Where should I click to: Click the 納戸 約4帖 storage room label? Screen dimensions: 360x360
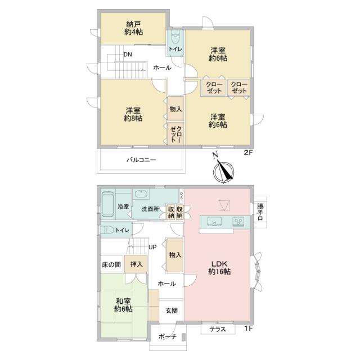tap(133, 28)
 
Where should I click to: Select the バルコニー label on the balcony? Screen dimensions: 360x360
tap(141, 160)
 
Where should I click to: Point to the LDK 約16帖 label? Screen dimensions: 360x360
tap(219, 268)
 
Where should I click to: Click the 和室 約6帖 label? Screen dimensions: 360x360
tap(123, 305)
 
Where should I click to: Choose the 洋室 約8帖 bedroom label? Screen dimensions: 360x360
tap(133, 114)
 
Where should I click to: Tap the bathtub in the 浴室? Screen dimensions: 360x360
tap(107, 204)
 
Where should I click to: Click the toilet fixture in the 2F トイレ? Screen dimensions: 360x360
tap(176, 38)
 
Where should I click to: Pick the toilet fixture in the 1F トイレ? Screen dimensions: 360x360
tap(107, 229)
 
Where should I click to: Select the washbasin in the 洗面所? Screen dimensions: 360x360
tap(141, 194)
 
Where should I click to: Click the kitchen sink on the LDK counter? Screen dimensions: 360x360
tap(215, 222)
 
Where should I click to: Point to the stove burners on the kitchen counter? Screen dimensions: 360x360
tap(238, 221)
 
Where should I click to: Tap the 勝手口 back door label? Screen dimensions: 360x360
tap(260, 212)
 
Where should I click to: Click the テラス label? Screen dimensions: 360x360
tap(218, 329)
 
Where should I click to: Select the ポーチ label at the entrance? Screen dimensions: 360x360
tap(168, 337)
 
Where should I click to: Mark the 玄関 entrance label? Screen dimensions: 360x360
tap(172, 310)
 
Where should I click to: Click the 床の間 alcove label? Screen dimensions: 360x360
tap(111, 265)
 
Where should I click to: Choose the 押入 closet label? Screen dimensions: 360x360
tap(136, 264)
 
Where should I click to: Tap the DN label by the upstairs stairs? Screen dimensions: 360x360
tap(128, 55)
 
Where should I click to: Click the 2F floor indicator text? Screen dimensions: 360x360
tap(248, 153)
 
